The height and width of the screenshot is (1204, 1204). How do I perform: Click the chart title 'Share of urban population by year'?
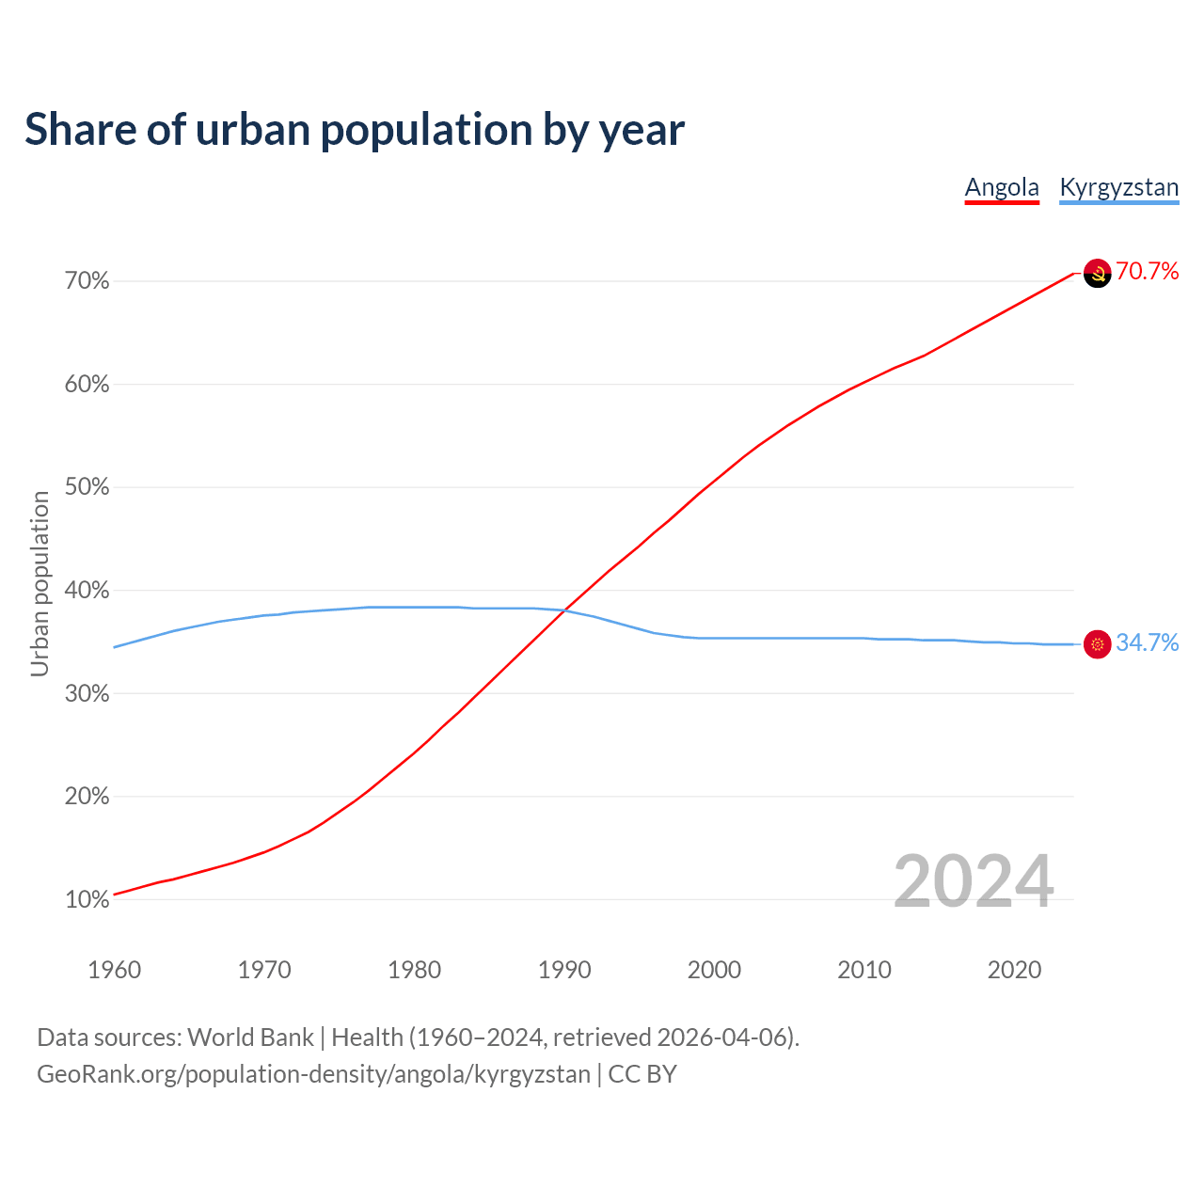[x=355, y=130]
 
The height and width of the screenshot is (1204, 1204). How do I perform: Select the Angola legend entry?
[x=1002, y=187]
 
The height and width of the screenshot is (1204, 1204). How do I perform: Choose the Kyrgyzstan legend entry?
[x=1118, y=187]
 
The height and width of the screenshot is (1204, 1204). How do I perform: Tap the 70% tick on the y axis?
[x=87, y=281]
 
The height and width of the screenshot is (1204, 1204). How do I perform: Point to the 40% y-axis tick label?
[x=87, y=591]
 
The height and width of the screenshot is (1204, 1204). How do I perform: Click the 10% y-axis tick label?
[x=87, y=900]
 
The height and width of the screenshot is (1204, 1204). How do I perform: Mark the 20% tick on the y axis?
[x=87, y=797]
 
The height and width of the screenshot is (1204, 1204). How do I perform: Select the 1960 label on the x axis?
[x=114, y=970]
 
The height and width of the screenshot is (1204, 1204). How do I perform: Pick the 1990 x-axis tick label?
[x=564, y=970]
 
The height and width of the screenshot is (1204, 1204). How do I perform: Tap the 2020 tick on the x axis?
[x=1014, y=970]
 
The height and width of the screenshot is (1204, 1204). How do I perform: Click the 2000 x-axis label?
[x=714, y=970]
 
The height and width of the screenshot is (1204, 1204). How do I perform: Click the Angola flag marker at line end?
[x=1098, y=273]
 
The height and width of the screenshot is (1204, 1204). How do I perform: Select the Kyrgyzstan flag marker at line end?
[x=1098, y=644]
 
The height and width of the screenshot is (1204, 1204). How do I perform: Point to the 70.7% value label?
[x=1148, y=272]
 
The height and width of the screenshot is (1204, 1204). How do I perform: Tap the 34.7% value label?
[x=1148, y=643]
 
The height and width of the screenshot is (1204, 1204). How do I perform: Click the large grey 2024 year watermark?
[x=974, y=881]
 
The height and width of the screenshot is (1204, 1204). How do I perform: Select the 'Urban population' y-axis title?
[x=40, y=583]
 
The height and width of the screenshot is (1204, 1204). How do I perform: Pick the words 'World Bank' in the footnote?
[x=250, y=1038]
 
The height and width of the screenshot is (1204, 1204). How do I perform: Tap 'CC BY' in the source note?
[x=642, y=1074]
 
